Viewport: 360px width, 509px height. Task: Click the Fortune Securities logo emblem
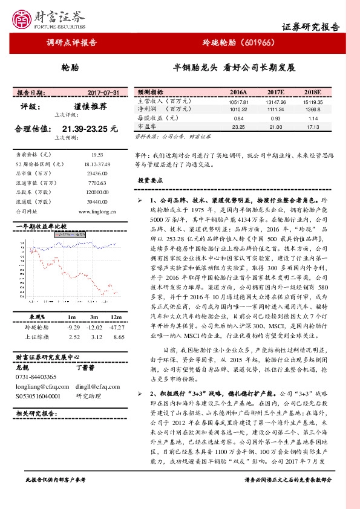click(24, 17)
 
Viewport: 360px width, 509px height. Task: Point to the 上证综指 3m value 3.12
click(94, 336)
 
